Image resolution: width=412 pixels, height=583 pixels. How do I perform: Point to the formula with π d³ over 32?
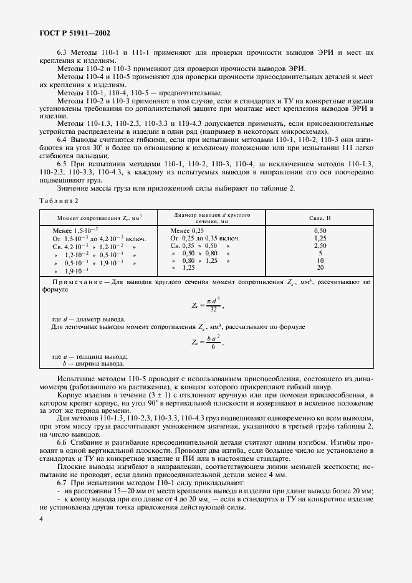coord(206,305)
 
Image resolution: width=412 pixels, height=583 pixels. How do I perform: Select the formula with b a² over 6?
coord(206,341)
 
